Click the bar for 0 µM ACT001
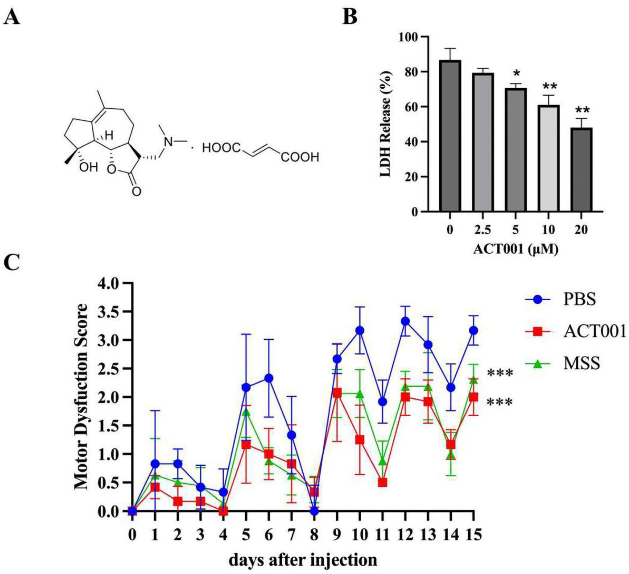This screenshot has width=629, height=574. [450, 136]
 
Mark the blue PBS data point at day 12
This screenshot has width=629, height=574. [405, 321]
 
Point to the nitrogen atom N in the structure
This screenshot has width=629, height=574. [169, 142]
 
